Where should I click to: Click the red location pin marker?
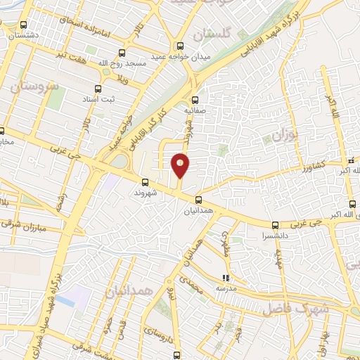pyautogui.click(x=181, y=165)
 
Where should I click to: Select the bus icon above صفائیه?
pyautogui.click(x=195, y=99)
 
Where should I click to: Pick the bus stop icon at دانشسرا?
pyautogui.click(x=274, y=226)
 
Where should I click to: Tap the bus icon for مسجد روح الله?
pyautogui.click(x=122, y=53)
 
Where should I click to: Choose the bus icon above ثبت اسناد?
pyautogui.click(x=98, y=89)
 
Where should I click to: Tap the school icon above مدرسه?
pyautogui.click(x=225, y=278)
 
